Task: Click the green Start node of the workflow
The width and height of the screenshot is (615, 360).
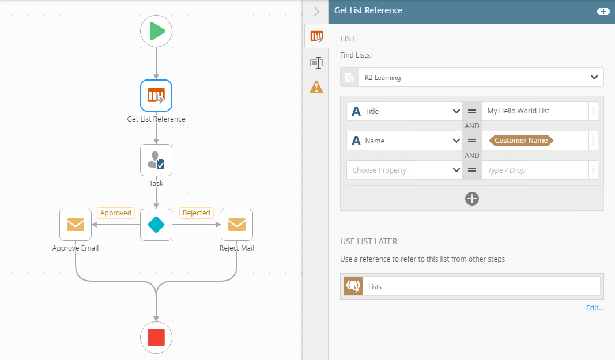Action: point(156,31)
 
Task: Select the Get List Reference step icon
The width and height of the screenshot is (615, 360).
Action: point(156,96)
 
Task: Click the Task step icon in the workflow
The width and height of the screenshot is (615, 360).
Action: point(156,160)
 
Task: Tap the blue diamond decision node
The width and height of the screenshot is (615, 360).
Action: point(156,225)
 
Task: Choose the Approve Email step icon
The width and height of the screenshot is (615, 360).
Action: point(76,225)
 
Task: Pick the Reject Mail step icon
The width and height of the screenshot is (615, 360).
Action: point(237,225)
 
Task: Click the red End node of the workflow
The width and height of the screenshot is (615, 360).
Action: point(156,338)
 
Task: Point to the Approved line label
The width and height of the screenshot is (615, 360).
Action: point(116,213)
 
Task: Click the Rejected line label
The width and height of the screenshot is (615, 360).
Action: point(196,213)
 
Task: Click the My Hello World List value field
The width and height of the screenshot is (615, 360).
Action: point(534,111)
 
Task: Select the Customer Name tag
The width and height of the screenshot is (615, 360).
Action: point(521,141)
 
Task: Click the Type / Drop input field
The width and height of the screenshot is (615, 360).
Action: point(534,170)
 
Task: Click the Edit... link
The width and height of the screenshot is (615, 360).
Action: point(595,308)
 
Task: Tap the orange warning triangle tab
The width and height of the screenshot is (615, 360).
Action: point(316,87)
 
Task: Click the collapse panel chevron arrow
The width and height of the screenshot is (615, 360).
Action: point(316,11)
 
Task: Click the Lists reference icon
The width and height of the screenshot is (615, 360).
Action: point(353,286)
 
